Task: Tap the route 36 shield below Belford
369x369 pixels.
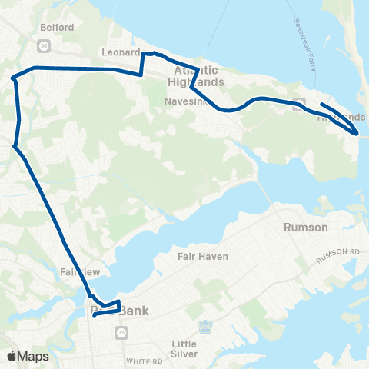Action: tap(45, 45)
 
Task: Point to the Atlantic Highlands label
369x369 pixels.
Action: tap(196, 78)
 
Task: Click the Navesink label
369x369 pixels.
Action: tap(182, 101)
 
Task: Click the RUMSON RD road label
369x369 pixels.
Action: tap(344, 254)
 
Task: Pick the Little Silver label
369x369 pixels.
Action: tap(184, 349)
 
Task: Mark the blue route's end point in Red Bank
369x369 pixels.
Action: tap(94, 314)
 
